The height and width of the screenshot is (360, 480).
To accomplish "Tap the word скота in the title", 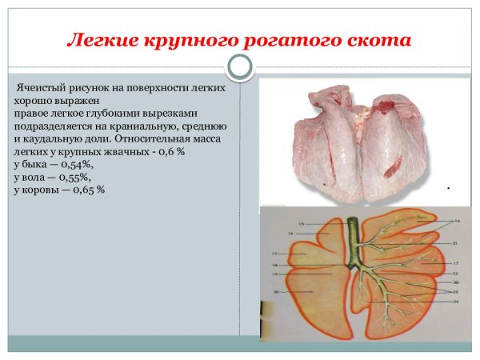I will coord(379,39).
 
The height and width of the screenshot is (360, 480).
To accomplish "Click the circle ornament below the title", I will coord(239,66).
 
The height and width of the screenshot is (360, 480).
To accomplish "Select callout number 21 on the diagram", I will coord(454,242).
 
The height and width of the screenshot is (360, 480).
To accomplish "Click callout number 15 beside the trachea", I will coord(302,223).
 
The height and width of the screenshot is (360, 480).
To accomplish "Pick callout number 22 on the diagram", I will coord(454,274).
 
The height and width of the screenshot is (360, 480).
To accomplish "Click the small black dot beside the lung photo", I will coord(448,188).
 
